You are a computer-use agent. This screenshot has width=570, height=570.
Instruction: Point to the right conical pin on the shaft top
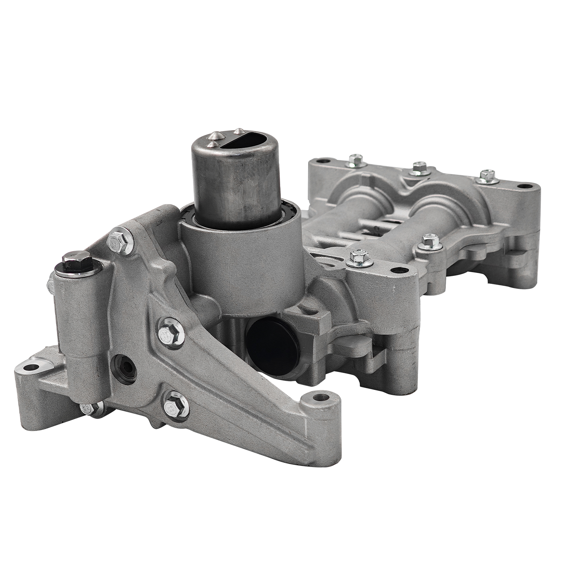click(x=238, y=130)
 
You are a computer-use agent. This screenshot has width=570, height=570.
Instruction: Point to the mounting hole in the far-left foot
click(x=30, y=368)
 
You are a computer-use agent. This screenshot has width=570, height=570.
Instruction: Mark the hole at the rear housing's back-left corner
click(x=323, y=161)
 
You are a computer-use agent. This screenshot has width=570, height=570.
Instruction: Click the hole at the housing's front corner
click(x=398, y=271)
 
